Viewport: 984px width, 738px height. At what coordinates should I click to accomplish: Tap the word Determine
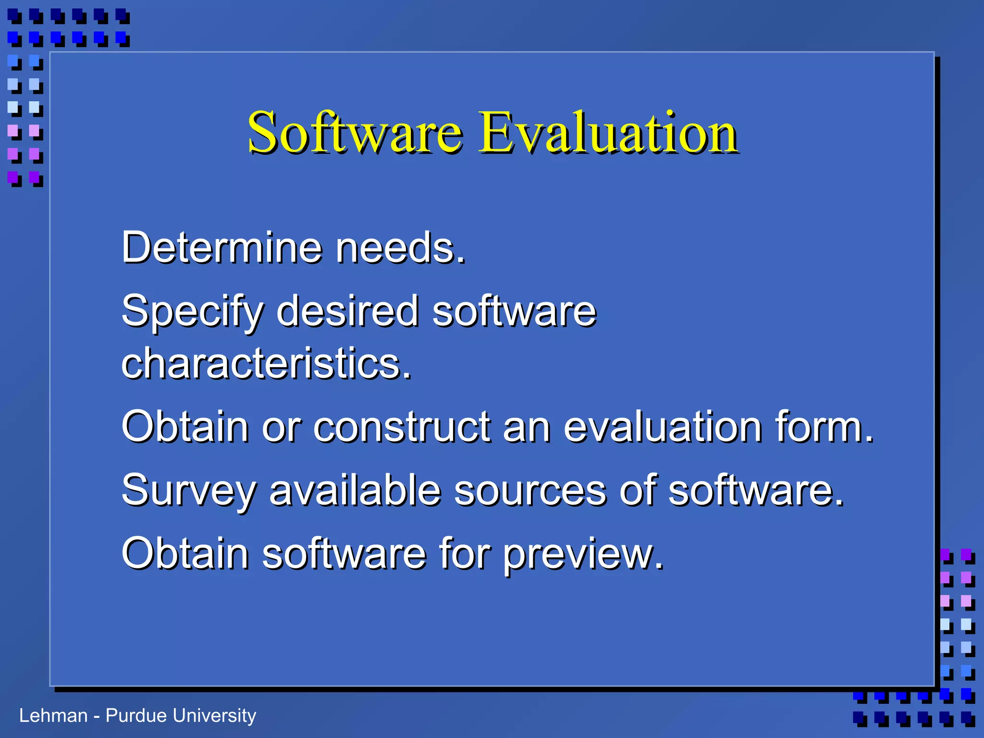point(221,248)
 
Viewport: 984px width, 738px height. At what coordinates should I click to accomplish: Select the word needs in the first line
point(400,248)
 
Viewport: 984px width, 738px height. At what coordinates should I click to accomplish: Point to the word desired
point(348,311)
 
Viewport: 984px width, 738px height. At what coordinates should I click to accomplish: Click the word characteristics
point(266,363)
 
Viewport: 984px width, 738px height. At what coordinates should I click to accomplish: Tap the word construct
point(402,427)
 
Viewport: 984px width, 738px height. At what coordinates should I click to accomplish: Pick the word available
point(355,490)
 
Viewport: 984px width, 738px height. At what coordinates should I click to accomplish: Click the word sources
point(530,491)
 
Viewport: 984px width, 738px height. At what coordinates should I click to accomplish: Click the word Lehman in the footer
point(53,716)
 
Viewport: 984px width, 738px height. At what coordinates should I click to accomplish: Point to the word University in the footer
point(214,716)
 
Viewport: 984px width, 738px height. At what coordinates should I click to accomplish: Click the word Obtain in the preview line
point(185,553)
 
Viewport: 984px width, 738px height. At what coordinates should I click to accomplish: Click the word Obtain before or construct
point(185,427)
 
